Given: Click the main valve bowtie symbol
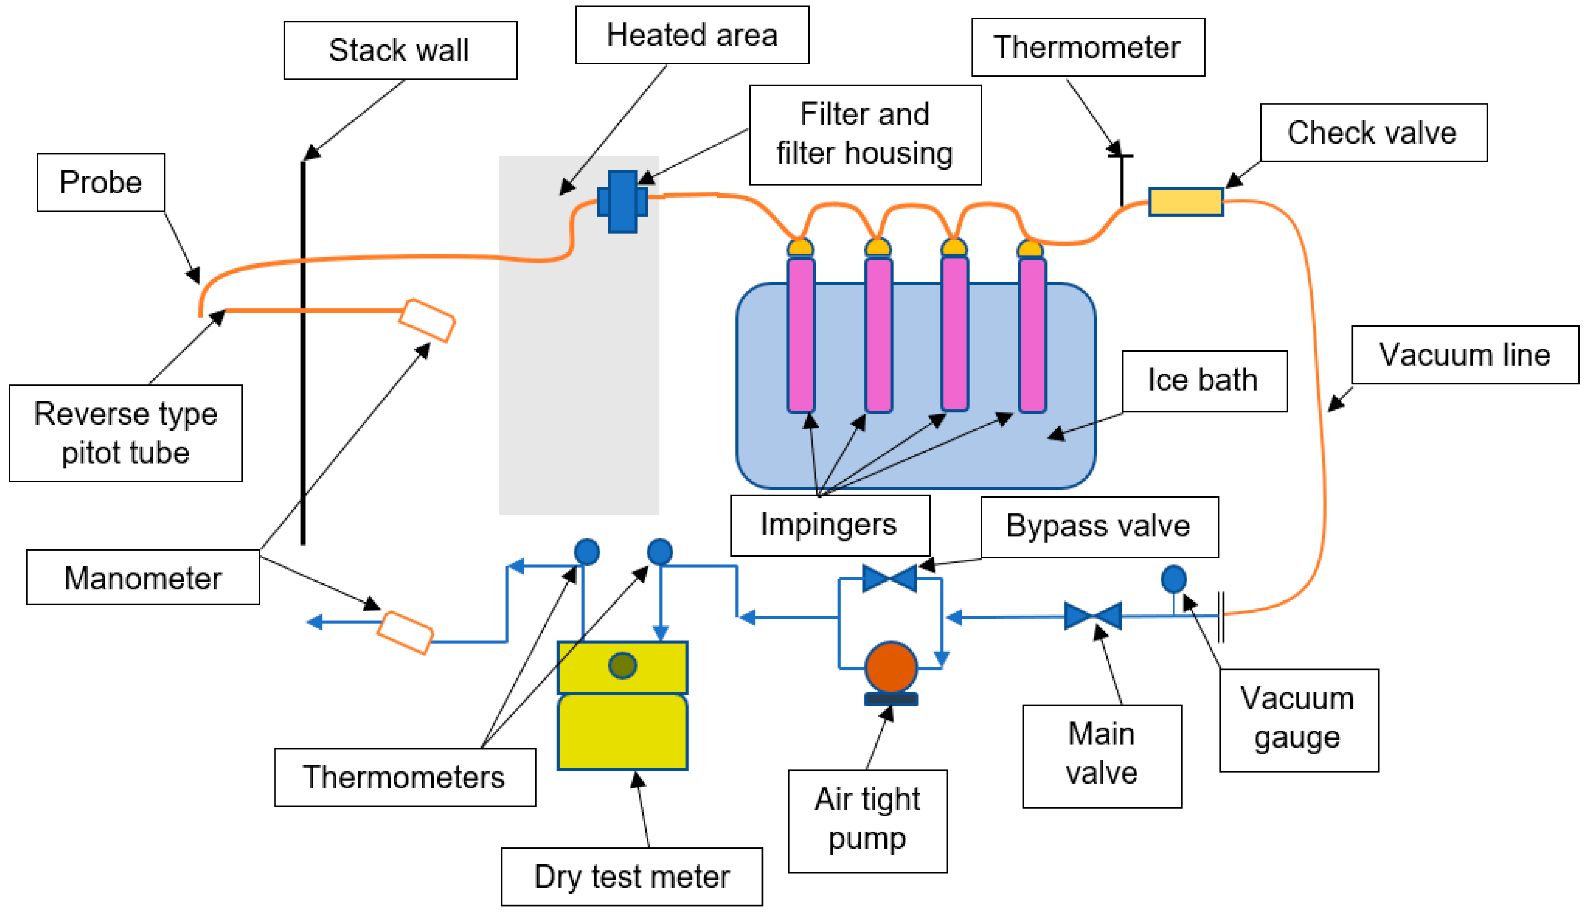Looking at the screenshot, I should (1092, 616).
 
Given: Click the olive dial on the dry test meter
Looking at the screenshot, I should (622, 665).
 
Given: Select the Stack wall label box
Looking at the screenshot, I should (400, 50).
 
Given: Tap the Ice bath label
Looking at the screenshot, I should (1204, 380).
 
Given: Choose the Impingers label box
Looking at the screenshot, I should (829, 525).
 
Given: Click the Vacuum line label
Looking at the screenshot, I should (1465, 355).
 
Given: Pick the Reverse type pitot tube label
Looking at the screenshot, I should (126, 433).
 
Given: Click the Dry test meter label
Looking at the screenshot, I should (631, 876).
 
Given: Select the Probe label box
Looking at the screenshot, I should (101, 182).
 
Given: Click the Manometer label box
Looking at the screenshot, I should (143, 578).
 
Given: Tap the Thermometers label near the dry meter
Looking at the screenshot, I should (404, 777).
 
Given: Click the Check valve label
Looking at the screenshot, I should (1373, 133).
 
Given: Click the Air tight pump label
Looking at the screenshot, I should (867, 821).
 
